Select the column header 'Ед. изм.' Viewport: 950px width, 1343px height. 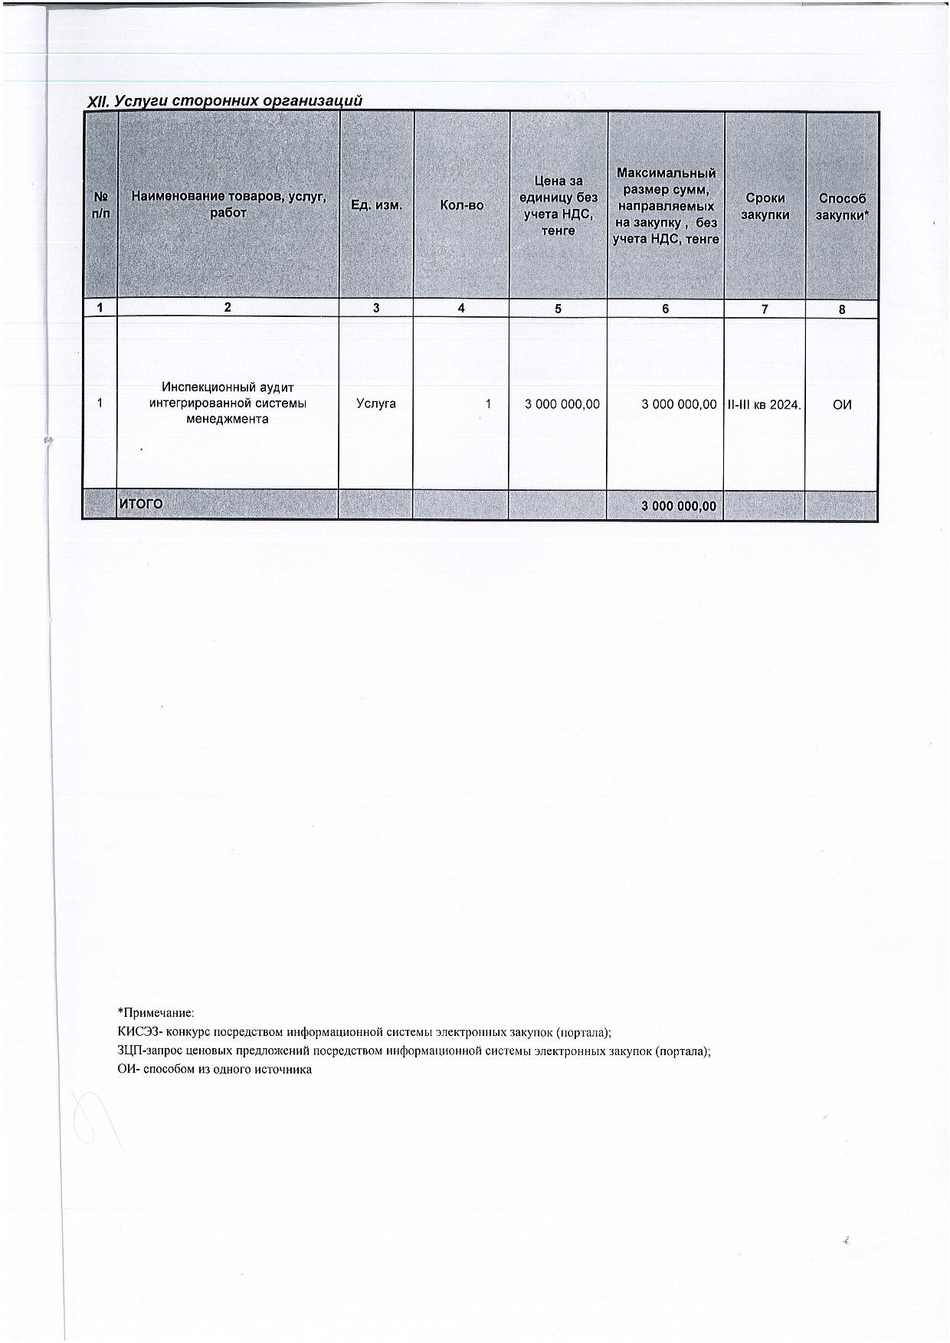coord(376,205)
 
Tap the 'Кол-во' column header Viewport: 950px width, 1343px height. coord(461,205)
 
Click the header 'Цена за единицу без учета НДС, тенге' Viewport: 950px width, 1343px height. coord(558,205)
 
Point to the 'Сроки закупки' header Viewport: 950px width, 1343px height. coord(765,206)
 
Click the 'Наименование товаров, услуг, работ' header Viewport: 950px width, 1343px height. coord(228,204)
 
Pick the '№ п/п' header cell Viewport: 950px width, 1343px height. coord(100,205)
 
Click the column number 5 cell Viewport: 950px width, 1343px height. coord(558,309)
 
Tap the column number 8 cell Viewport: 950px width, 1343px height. coord(842,309)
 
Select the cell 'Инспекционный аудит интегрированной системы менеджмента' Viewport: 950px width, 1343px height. coord(228,404)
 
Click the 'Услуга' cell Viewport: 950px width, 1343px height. coord(376,404)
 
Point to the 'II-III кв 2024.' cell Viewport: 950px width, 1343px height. coord(764,404)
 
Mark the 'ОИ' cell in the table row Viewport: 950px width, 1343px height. coord(842,404)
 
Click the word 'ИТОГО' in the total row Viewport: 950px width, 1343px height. coord(141,504)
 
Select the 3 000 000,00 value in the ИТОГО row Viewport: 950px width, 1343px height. coord(679,506)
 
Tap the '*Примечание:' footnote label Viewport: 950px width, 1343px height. coord(156,1012)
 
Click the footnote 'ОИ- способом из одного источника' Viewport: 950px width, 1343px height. coord(215,1069)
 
